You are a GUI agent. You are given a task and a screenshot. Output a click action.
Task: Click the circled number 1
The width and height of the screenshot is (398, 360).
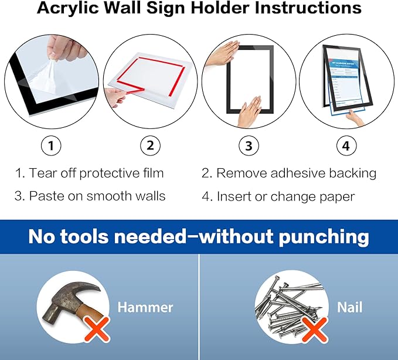pyautogui.click(x=52, y=146)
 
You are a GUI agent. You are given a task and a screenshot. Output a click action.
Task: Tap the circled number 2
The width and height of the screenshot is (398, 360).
pyautogui.click(x=150, y=146)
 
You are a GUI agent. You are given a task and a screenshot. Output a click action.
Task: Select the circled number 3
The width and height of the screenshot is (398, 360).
pyautogui.click(x=249, y=146)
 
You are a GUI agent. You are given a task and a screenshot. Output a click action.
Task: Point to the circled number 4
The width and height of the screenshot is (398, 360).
pyautogui.click(x=346, y=146)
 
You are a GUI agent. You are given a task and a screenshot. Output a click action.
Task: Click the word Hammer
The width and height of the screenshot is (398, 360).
pyautogui.click(x=145, y=307)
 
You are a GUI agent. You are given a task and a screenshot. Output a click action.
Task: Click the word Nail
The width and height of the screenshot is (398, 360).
pyautogui.click(x=349, y=307)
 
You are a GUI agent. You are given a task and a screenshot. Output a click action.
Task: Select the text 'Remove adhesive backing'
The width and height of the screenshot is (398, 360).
pyautogui.click(x=296, y=173)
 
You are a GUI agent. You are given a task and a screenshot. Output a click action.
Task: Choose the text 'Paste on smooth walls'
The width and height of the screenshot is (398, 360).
pyautogui.click(x=97, y=196)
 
